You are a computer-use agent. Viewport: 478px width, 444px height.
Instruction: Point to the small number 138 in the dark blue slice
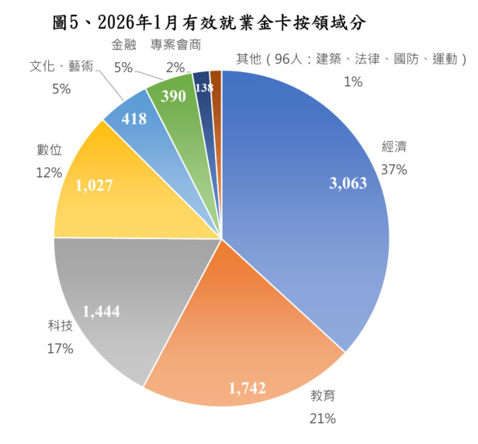pyautogui.click(x=203, y=88)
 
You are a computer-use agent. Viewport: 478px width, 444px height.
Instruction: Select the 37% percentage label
pyautogui.click(x=393, y=168)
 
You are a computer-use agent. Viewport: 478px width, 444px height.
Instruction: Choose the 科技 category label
pyautogui.click(x=59, y=326)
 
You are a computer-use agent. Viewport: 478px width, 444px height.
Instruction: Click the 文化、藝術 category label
pyautogui.click(x=61, y=67)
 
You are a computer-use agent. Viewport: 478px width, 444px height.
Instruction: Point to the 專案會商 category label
pyautogui.click(x=175, y=45)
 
